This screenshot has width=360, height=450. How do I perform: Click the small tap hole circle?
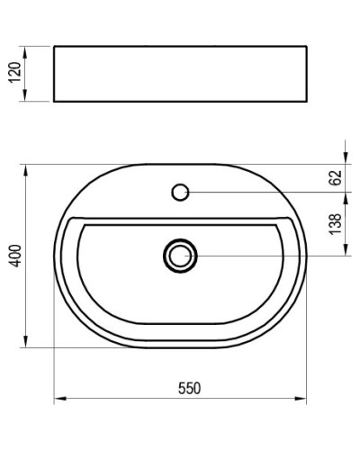[x=180, y=191]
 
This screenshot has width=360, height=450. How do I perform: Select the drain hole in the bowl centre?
[x=180, y=256]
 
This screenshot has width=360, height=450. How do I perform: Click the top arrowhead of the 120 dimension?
[x=24, y=48]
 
